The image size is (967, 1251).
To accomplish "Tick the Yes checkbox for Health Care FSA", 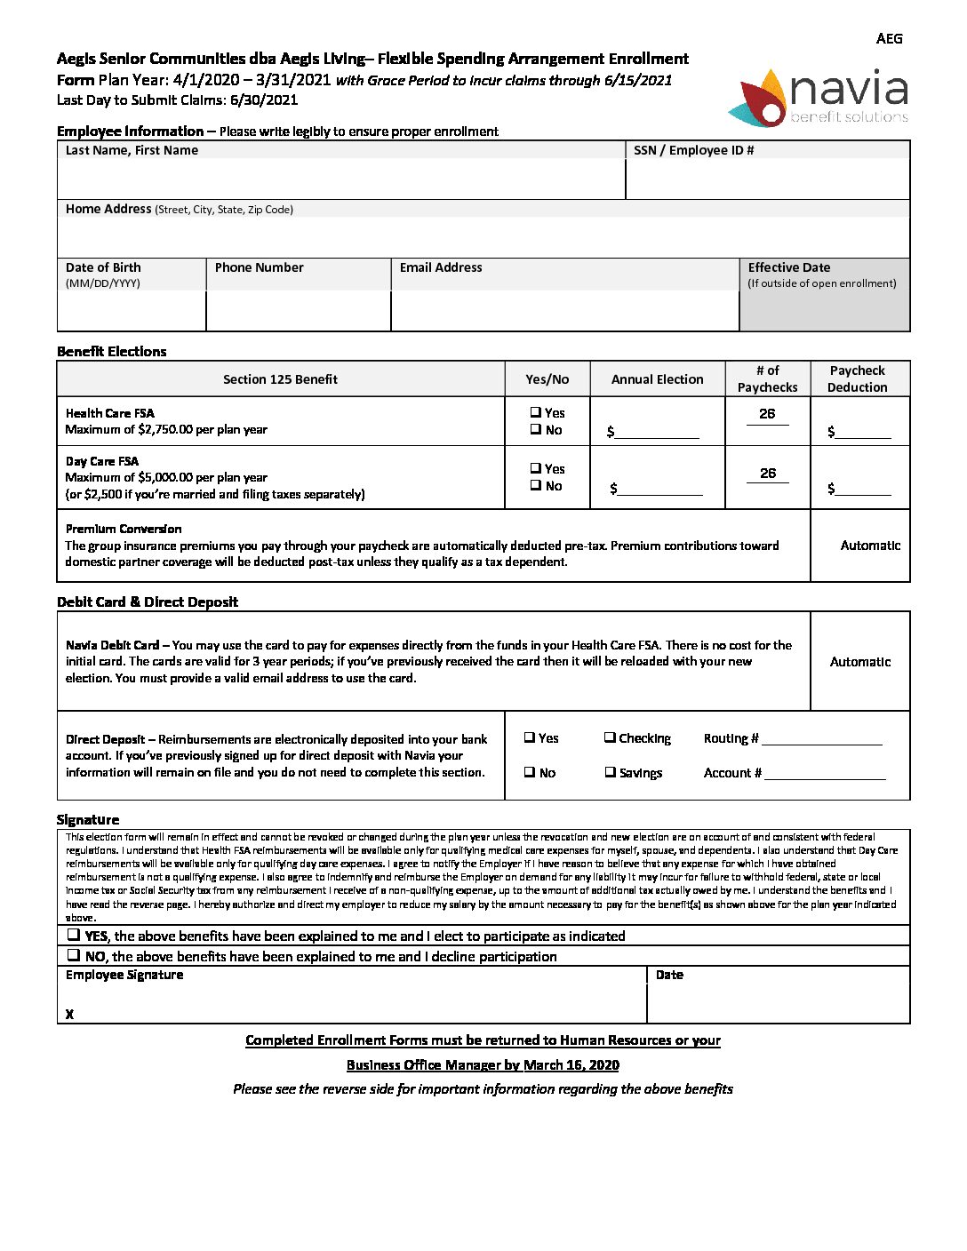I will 536,412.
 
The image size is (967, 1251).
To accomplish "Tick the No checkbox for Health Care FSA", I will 536,429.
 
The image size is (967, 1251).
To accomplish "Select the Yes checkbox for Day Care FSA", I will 536,468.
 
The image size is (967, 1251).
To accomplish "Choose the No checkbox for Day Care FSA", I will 536,485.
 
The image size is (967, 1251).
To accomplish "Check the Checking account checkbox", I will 610,737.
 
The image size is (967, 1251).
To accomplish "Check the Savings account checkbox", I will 610,772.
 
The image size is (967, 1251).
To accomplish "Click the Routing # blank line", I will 821,739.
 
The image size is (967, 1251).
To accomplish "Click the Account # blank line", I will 825,774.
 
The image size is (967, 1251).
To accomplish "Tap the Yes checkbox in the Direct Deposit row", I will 529,737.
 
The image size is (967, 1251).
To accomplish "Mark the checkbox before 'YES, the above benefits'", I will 73,935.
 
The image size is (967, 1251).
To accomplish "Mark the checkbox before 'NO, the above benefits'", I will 73,955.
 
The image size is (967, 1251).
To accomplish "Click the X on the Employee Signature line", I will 69,1014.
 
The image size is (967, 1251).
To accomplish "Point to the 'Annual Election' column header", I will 657,379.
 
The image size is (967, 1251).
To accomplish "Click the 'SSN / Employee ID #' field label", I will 693,150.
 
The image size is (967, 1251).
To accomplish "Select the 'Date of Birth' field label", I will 103,267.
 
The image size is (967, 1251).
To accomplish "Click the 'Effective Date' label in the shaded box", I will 788,267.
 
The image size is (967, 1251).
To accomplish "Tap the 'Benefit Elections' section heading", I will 112,352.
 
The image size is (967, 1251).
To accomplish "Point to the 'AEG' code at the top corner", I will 889,38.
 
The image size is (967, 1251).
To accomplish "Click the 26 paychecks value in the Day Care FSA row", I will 768,474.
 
